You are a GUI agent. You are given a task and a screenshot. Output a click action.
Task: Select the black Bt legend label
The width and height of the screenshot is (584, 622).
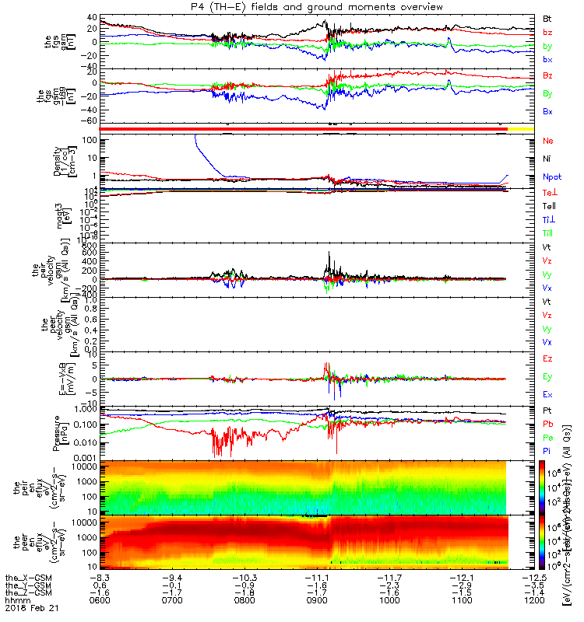tap(547, 18)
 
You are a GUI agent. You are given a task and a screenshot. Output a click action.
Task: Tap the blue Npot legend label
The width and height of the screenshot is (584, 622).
tap(552, 177)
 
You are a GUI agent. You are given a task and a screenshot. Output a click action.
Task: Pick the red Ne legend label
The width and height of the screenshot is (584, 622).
tap(547, 141)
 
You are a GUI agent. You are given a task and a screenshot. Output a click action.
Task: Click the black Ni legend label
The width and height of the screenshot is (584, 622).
tap(547, 159)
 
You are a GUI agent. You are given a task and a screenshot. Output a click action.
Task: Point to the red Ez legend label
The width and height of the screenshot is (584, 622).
tap(547, 359)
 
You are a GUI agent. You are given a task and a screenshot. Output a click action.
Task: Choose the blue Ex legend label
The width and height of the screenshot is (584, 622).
tap(547, 395)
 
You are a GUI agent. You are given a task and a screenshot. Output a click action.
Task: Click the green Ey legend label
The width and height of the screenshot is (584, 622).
tap(547, 377)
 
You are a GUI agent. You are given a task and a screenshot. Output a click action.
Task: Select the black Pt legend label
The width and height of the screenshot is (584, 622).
tap(547, 410)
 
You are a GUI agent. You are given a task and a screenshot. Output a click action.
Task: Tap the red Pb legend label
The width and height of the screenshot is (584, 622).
tap(547, 424)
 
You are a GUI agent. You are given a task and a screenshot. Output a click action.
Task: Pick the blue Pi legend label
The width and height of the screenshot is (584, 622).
tap(547, 450)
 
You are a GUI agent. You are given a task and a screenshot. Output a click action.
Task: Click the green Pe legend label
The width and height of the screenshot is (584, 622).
tap(547, 437)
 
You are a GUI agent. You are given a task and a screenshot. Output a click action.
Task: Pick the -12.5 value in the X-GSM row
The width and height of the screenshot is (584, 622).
tap(533, 576)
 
